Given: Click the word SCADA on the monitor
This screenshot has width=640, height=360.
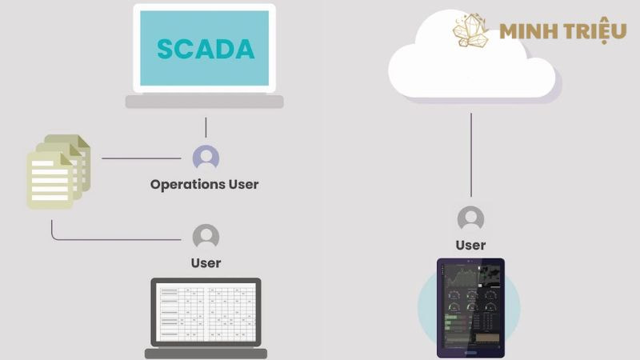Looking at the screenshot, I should (x=206, y=49).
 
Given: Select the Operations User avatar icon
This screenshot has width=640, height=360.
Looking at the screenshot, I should (x=206, y=157).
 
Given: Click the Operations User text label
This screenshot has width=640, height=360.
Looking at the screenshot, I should (x=205, y=184).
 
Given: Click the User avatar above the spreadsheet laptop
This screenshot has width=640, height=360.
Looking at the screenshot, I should (x=206, y=237).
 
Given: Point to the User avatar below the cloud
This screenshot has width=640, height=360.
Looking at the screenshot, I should (x=470, y=218).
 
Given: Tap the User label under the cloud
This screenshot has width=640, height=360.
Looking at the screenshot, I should (x=470, y=245).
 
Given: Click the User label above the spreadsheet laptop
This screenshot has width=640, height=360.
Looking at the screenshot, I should (x=206, y=262).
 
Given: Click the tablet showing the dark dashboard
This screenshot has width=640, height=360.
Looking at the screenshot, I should (x=470, y=307).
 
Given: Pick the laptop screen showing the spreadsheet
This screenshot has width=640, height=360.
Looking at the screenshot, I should (x=206, y=312).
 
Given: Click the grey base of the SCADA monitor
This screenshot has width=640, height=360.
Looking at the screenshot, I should (x=205, y=102).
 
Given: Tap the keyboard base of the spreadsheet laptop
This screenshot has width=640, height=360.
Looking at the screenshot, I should (x=206, y=353).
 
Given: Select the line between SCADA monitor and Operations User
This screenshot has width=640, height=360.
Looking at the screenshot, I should (x=206, y=127).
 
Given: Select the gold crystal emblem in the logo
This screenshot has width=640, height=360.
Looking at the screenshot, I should (x=471, y=30).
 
